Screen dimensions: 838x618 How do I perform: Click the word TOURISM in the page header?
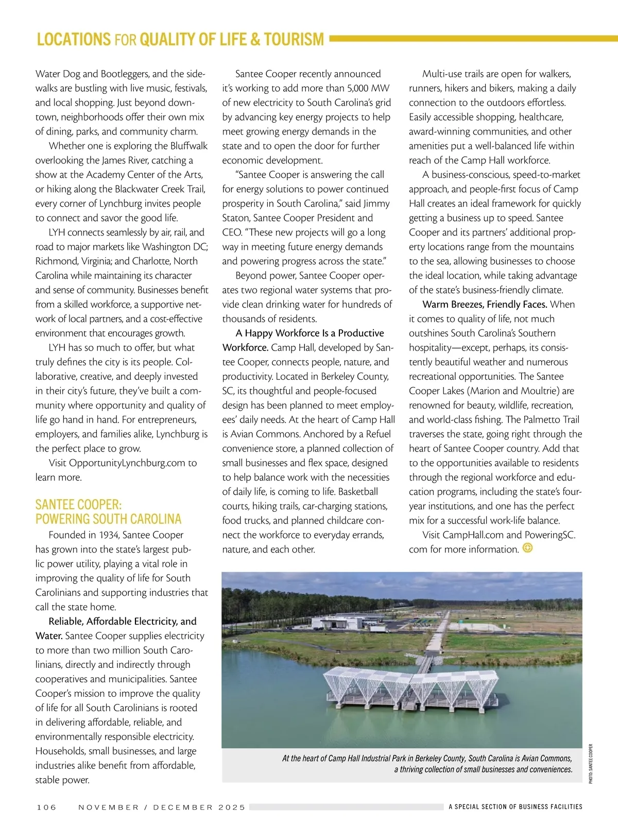pyautogui.click(x=294, y=40)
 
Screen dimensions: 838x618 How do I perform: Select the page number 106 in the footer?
pyautogui.click(x=46, y=807)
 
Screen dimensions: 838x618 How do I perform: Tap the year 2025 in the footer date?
pyautogui.click(x=232, y=807)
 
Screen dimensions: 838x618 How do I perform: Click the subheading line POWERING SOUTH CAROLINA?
pyautogui.click(x=108, y=519)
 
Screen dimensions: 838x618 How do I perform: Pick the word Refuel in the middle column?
pyautogui.click(x=376, y=434)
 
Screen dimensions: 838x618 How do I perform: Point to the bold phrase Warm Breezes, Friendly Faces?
pyautogui.click(x=485, y=305)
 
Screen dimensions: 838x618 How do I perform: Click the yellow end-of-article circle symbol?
pyautogui.click(x=527, y=548)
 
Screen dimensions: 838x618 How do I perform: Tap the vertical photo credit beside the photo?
pyautogui.click(x=591, y=763)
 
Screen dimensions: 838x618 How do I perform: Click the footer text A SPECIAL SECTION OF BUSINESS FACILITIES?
pyautogui.click(x=515, y=807)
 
